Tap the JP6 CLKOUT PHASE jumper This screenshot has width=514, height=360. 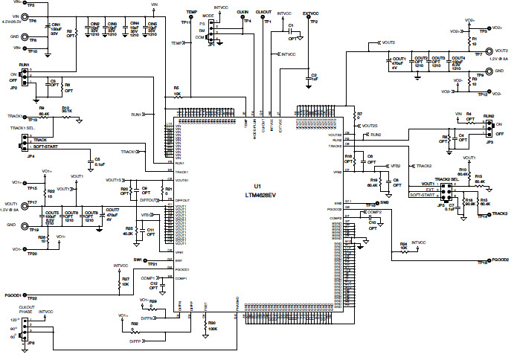click(25, 327)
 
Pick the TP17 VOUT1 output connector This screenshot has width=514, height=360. click(24, 206)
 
